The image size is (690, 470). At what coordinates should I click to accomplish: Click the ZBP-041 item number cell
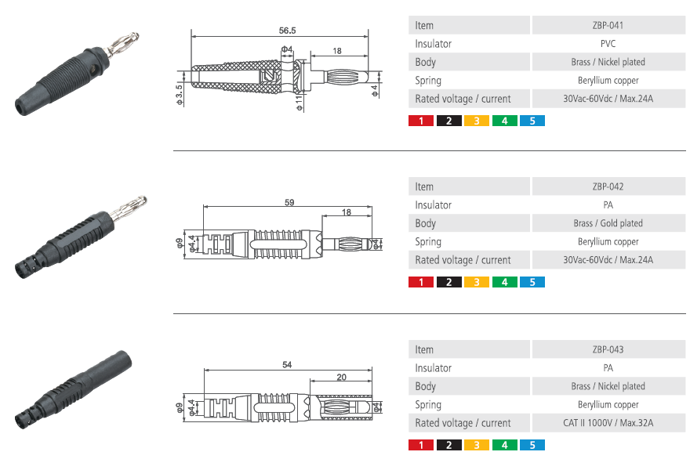tap(608, 25)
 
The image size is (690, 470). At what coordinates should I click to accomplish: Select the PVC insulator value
tap(608, 44)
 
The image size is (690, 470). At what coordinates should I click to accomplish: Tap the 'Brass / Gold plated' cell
tap(608, 223)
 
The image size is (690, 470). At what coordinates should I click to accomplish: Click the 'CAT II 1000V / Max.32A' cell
tap(608, 422)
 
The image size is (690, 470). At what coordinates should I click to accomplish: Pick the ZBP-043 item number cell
tap(608, 349)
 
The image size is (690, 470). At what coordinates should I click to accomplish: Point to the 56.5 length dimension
tap(287, 31)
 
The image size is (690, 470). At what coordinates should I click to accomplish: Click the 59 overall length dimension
tap(289, 202)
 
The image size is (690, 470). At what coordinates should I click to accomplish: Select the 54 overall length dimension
tap(287, 364)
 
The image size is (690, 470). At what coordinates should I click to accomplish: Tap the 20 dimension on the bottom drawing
tap(342, 377)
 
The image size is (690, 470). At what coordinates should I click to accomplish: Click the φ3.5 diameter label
tap(179, 95)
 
